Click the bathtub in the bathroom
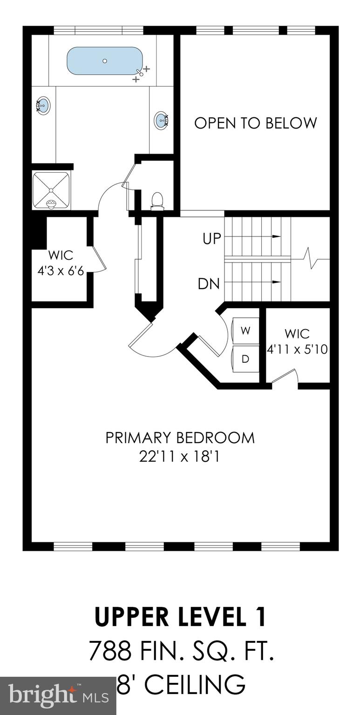(x=105, y=61)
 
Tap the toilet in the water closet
(x=157, y=200)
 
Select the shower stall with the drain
(x=51, y=190)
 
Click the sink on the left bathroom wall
(x=43, y=106)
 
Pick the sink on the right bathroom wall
(x=161, y=120)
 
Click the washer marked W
(x=245, y=331)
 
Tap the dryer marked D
(x=245, y=359)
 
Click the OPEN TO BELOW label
(x=255, y=123)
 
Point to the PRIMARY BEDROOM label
(x=180, y=438)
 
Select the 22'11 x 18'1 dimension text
(x=179, y=457)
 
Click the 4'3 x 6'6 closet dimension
(x=61, y=270)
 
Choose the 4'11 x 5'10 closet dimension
(x=297, y=349)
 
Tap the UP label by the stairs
(x=211, y=239)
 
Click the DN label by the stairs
(x=209, y=284)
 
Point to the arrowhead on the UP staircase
(x=277, y=236)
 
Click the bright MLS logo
(x=58, y=696)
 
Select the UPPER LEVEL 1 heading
(x=180, y=617)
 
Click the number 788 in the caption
(x=110, y=651)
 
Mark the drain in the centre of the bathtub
(x=105, y=61)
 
